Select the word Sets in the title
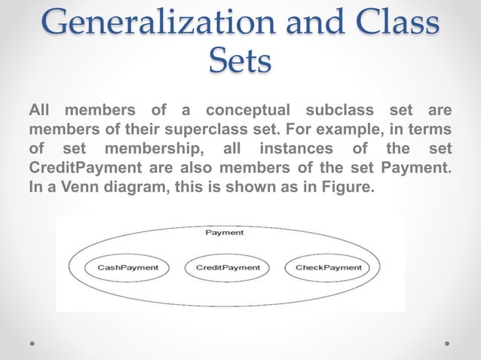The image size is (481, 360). click(x=239, y=61)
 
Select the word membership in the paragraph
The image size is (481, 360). click(x=152, y=147)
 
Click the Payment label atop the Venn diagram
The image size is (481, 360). click(x=225, y=233)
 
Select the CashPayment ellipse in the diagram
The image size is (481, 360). click(x=128, y=267)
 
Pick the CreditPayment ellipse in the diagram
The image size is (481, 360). click(x=228, y=267)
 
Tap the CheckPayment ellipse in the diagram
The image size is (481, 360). click(x=328, y=267)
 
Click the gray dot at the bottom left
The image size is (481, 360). click(x=32, y=342)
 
